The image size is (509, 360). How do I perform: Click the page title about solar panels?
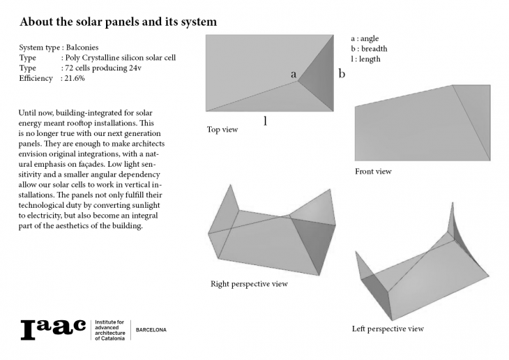pos(118,22)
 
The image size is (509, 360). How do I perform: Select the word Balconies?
pos(82,47)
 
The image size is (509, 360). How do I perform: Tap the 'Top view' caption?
pos(222,130)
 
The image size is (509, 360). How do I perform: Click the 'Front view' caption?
pos(373,171)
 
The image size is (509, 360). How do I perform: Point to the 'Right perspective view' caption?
pos(249,284)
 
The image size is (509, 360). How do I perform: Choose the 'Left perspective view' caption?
pos(388,329)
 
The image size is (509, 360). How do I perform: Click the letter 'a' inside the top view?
pos(294,75)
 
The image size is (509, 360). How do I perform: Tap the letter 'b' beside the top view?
pos(342,74)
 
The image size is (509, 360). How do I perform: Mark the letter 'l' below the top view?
pos(265,121)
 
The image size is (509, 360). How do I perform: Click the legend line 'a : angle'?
pos(365,38)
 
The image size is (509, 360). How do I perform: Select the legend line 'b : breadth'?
pos(369,49)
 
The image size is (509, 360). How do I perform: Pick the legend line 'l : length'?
pos(365,59)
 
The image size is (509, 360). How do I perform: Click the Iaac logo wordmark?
pos(53,330)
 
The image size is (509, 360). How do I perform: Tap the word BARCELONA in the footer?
pos(151,330)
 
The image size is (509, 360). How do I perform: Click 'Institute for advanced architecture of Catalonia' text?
pos(109,330)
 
